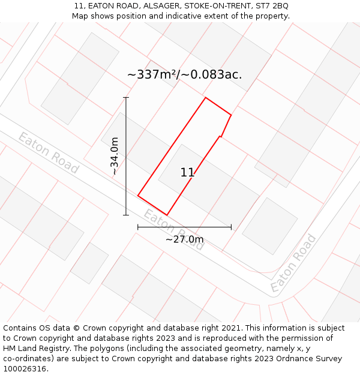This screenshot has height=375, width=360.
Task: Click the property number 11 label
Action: click(187, 173)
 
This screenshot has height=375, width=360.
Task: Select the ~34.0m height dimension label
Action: click(115, 156)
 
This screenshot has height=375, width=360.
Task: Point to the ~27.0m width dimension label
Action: click(184, 239)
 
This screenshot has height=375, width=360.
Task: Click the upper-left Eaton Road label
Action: click(48, 153)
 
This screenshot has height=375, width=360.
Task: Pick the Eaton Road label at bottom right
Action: click(293, 263)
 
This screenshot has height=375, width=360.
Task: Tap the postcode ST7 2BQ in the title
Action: click(274, 6)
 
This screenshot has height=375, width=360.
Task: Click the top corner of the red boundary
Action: click(206, 97)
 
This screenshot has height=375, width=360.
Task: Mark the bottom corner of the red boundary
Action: click(167, 215)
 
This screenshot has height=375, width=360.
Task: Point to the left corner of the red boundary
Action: click(138, 196)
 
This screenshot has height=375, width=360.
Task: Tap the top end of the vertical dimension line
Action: click(126, 97)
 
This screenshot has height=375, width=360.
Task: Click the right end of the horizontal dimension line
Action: click(231, 227)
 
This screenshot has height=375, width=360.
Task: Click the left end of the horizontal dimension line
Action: click(138, 227)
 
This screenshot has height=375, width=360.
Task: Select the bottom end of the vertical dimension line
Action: click(126, 215)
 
